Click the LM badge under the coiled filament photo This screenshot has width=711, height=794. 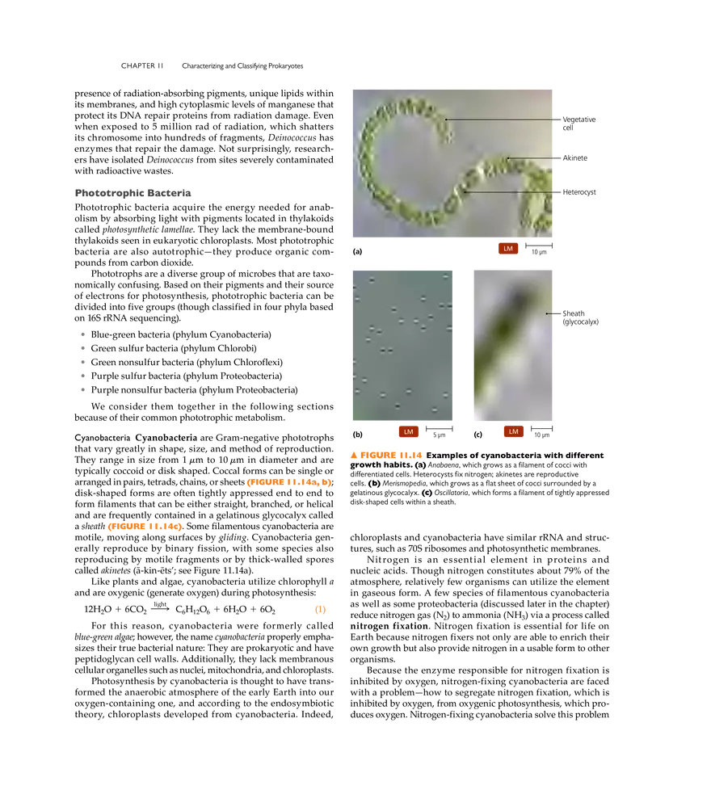click(508, 249)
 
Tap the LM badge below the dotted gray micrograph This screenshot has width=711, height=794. click(408, 432)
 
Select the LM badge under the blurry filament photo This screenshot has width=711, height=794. click(513, 432)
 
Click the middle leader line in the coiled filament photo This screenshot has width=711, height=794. click(531, 158)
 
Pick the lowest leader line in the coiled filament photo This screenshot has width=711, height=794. click(509, 192)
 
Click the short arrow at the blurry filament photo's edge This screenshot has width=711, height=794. click(550, 313)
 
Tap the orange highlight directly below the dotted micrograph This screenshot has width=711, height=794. click(387, 454)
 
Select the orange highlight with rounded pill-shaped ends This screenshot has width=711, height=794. click(145, 527)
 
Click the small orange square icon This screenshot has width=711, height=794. click(320, 611)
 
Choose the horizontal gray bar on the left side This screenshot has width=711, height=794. click(133, 194)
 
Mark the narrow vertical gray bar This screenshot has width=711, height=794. click(84, 361)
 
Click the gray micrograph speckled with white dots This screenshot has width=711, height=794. click(403, 345)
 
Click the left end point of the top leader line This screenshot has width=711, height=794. click(445, 120)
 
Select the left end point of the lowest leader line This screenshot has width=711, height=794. click(465, 192)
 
